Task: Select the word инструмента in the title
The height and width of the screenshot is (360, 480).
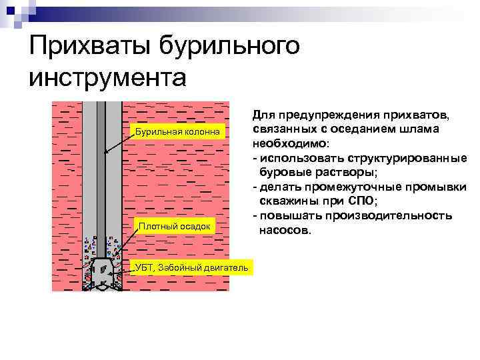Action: click(x=106, y=77)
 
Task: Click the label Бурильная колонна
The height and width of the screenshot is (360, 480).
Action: click(x=177, y=131)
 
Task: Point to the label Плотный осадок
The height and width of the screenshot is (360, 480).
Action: click(x=174, y=227)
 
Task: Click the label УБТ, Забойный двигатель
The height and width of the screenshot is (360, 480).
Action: click(x=192, y=267)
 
